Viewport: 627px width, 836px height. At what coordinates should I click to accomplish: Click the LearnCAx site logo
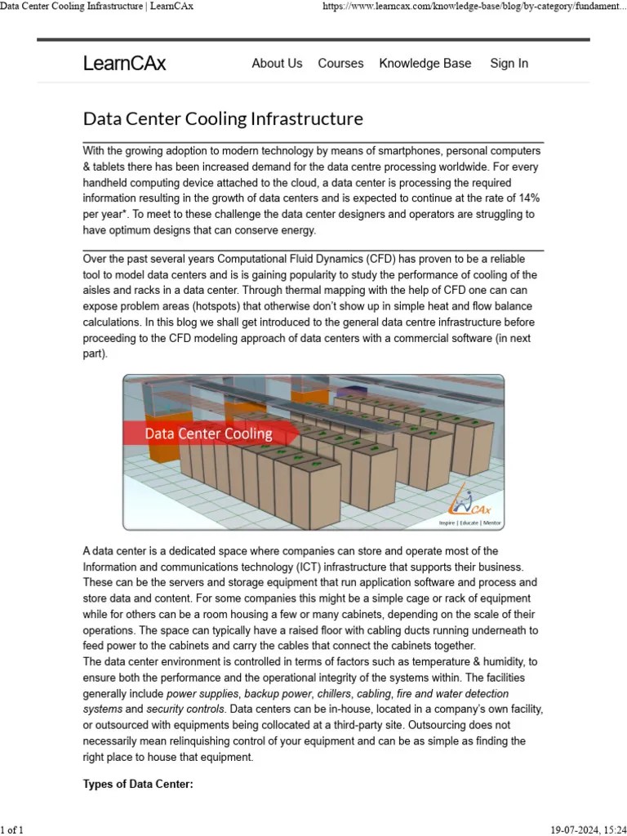click(x=124, y=64)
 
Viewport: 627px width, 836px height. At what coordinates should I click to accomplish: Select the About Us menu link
click(x=277, y=64)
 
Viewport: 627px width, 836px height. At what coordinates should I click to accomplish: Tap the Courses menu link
click(x=340, y=64)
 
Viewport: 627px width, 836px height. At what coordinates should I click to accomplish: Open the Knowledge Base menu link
click(x=425, y=64)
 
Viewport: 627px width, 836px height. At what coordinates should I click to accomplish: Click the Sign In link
click(x=509, y=64)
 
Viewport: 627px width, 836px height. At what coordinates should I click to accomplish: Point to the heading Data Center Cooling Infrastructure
click(x=223, y=119)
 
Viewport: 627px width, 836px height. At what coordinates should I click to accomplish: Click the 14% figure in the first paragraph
click(x=527, y=198)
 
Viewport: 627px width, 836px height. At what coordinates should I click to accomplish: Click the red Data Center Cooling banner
click(x=207, y=434)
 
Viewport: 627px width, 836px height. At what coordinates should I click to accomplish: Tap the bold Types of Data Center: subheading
click(x=138, y=785)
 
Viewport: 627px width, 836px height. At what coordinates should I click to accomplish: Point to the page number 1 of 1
click(x=13, y=829)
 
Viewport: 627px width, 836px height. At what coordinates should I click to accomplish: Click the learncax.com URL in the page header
click(x=474, y=7)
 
